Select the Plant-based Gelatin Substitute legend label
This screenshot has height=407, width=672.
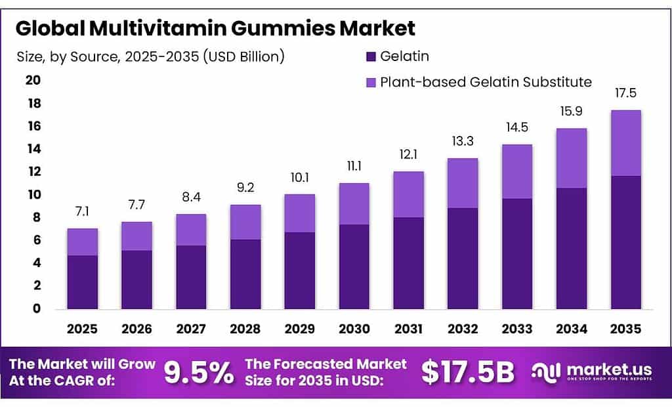(x=486, y=82)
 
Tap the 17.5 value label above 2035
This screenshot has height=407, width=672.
(x=625, y=93)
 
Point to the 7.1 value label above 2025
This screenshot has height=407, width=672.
(x=82, y=212)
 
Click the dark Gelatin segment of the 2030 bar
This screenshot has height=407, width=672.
(x=354, y=267)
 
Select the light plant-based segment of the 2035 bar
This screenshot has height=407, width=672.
(x=625, y=142)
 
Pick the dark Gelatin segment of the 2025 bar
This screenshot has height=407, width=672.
(x=82, y=282)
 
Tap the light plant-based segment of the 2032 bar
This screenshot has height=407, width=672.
(x=463, y=183)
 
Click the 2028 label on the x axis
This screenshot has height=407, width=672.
(x=245, y=328)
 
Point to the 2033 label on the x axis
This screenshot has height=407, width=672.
(x=517, y=328)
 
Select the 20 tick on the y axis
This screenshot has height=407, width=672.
(x=33, y=81)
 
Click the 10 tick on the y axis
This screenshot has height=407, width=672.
(x=33, y=195)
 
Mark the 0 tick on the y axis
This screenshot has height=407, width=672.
(x=37, y=309)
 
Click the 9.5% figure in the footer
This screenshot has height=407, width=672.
(x=199, y=373)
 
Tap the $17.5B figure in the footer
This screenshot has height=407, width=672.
(x=468, y=372)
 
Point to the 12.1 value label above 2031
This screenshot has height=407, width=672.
(x=408, y=154)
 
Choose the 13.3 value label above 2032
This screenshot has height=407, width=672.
(x=463, y=141)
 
